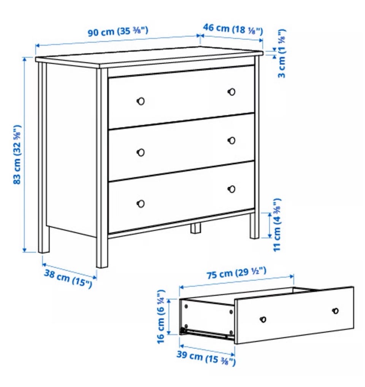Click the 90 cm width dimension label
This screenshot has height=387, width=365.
pos(118,31)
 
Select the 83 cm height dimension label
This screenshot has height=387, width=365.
pos(17,155)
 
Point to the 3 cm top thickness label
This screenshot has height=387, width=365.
pos(282,53)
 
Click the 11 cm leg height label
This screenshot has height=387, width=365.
pos(277,225)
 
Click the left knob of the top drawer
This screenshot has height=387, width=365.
pos(141,101)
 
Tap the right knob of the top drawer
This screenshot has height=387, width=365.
pos(232,92)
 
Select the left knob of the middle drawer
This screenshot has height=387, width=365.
pos(141,153)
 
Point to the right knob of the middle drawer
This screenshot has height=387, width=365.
pos(232,140)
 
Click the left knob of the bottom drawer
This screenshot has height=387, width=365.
pos(141,204)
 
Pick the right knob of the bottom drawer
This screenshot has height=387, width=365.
pos(232,189)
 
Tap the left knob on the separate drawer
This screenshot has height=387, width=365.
pos(263,319)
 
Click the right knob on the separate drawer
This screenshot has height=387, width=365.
pos(335,311)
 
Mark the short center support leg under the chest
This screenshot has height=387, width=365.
pos(195,228)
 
